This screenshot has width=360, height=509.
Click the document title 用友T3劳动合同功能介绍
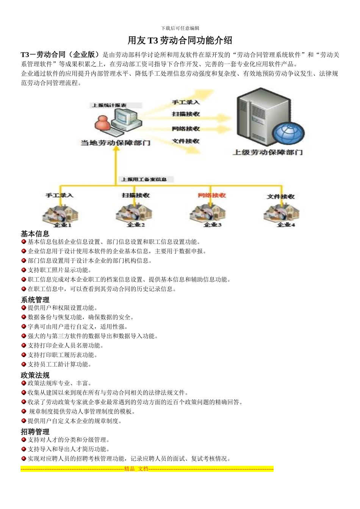pos(180,41)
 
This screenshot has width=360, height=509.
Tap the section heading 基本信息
pos(35,234)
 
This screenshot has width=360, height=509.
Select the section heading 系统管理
pos(35,300)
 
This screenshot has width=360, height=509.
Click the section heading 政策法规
pos(35,375)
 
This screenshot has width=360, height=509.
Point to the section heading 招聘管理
pos(35,432)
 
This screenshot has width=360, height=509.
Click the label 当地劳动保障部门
pos(116,143)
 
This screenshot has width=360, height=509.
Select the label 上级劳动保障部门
pos(268,152)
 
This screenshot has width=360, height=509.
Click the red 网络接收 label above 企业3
pos(212,195)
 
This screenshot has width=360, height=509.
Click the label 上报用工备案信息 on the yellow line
pos(144,179)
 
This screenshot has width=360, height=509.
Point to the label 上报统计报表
pos(109,105)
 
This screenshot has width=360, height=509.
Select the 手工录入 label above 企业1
pos(59,195)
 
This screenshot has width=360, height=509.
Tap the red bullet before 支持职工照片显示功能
pos(23,270)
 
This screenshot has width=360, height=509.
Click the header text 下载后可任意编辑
pos(180,28)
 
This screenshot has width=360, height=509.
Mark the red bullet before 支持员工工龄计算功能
pos(23,364)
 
